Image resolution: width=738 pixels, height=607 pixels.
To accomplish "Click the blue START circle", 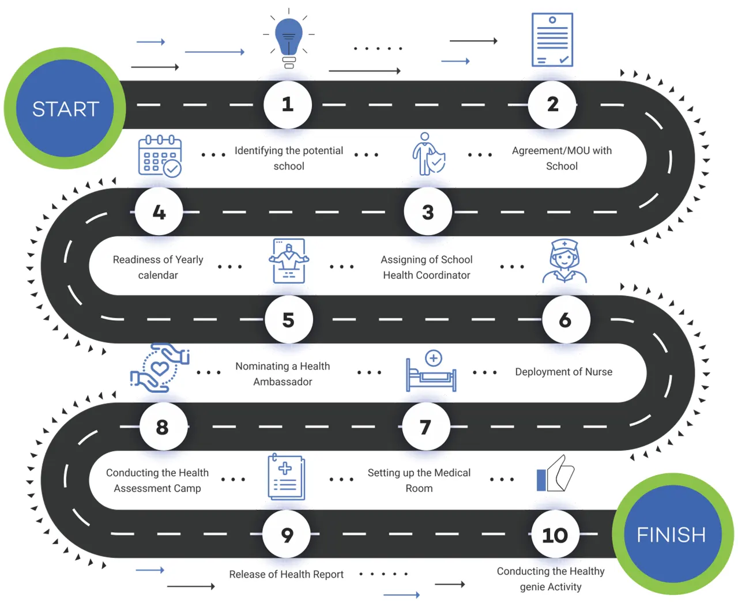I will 65,108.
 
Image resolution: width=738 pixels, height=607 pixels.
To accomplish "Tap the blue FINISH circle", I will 671,534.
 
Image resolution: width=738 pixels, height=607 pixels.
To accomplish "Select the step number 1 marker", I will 288,104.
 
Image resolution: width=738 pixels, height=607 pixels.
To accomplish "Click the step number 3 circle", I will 428,212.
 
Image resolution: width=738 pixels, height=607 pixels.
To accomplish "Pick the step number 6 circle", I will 566,319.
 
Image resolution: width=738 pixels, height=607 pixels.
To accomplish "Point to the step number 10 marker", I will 554,534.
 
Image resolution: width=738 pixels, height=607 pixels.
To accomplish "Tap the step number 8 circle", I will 163,427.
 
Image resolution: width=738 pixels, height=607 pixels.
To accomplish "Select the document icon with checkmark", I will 552,40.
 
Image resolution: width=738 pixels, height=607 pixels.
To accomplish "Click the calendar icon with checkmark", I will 160,156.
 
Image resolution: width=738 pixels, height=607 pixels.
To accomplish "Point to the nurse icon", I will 564,262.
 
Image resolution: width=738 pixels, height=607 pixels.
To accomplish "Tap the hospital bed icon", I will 431,371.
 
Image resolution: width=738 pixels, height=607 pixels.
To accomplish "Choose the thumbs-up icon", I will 555,474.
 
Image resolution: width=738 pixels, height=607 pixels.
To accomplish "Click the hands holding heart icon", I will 159,368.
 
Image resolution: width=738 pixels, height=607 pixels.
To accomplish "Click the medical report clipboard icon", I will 286,477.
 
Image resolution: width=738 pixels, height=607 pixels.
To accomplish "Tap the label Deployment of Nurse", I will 563,372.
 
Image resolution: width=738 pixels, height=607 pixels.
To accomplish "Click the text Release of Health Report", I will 286,574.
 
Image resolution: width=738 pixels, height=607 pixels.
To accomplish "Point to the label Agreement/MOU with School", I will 562,158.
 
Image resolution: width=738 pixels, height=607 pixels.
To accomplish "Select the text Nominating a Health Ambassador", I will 283,374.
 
